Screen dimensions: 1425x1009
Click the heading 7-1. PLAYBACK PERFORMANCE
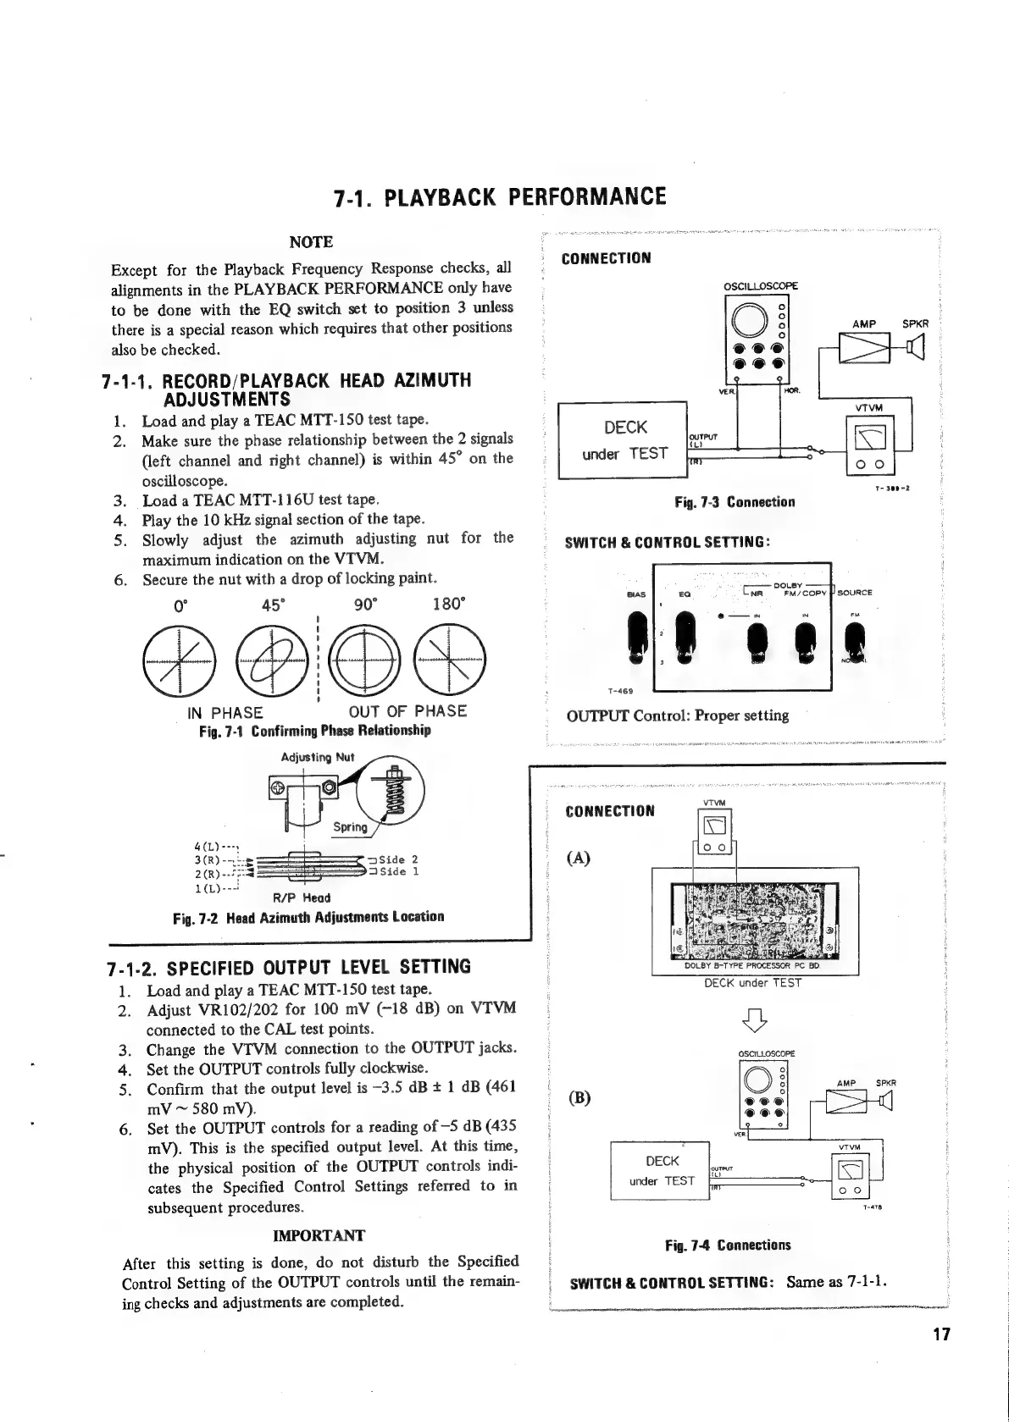500,198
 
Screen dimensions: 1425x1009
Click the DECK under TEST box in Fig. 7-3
625,440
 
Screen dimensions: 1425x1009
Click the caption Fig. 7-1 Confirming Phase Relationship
314,731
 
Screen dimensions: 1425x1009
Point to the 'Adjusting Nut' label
317,757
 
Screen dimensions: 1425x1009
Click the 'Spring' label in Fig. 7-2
350,827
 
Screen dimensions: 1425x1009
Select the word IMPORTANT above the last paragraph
319,1235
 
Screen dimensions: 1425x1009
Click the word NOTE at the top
311,242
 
